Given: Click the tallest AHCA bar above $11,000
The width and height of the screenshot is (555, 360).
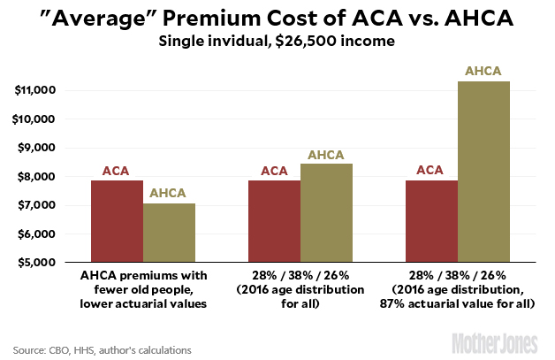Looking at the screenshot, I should pyautogui.click(x=484, y=172).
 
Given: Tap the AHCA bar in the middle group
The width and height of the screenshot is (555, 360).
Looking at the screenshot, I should pyautogui.click(x=327, y=212).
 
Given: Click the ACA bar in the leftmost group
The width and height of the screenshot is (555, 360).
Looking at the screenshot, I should pyautogui.click(x=118, y=221).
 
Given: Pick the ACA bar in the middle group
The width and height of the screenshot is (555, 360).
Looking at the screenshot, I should pyautogui.click(x=275, y=221).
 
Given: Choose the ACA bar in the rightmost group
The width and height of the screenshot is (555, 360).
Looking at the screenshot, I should pyautogui.click(x=432, y=221).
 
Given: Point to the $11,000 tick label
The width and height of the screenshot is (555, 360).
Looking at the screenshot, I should pyautogui.click(x=35, y=90).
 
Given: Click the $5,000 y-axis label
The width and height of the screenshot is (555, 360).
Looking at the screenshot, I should pyautogui.click(x=38, y=263).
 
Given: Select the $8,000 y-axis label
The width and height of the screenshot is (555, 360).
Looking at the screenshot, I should pyautogui.click(x=38, y=177).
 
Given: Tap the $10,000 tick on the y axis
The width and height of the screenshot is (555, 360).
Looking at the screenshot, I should pyautogui.click(x=35, y=119).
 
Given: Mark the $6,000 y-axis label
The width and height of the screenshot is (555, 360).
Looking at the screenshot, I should pyautogui.click(x=38, y=234).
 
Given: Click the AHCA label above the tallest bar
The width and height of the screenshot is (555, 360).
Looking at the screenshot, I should pyautogui.click(x=484, y=71).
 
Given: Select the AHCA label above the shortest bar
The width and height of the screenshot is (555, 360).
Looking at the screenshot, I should pyautogui.click(x=170, y=193).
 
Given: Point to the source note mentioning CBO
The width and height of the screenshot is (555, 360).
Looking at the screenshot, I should pyautogui.click(x=102, y=349).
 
